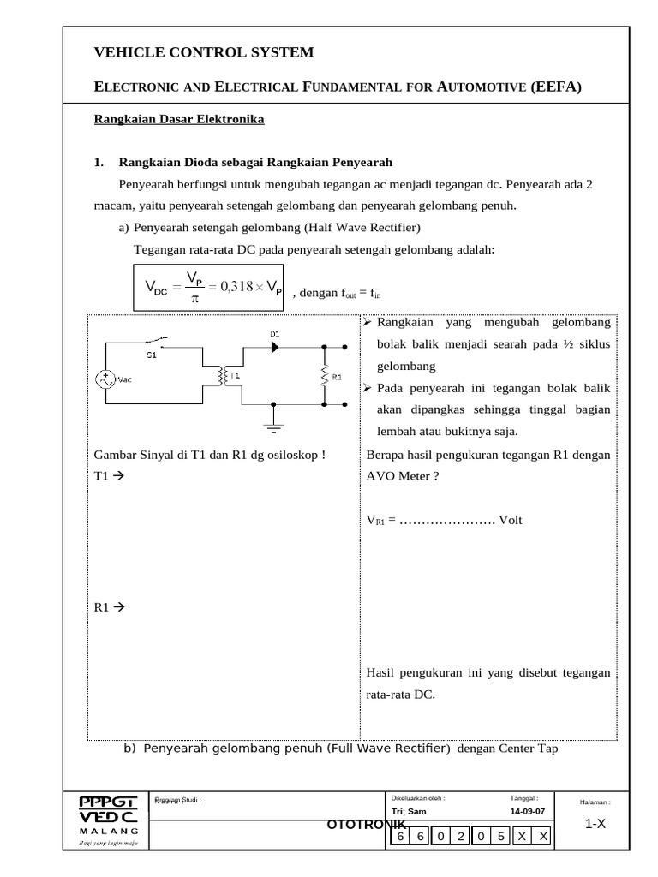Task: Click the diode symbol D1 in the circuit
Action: pyautogui.click(x=275, y=348)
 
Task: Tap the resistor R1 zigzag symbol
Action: pyautogui.click(x=325, y=375)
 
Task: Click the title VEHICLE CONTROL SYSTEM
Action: pyautogui.click(x=204, y=53)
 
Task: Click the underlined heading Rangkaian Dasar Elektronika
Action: pyautogui.click(x=179, y=119)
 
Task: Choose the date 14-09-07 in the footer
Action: pyautogui.click(x=526, y=811)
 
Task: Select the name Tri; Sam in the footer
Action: pyautogui.click(x=408, y=811)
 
